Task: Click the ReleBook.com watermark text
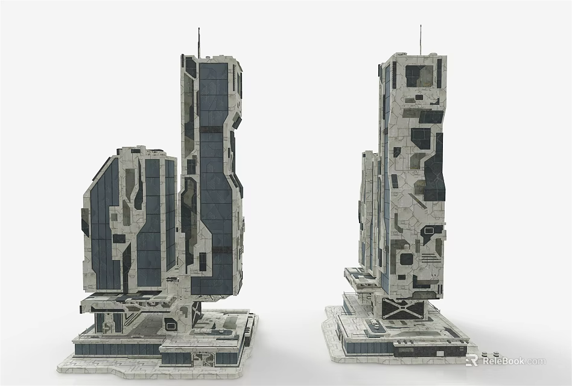[x=513, y=361]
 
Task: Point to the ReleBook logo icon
[x=472, y=361]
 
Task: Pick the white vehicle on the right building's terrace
[x=377, y=326]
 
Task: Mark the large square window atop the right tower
[x=416, y=76]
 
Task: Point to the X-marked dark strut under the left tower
[x=196, y=314]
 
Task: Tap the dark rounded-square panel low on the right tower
[x=406, y=259]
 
